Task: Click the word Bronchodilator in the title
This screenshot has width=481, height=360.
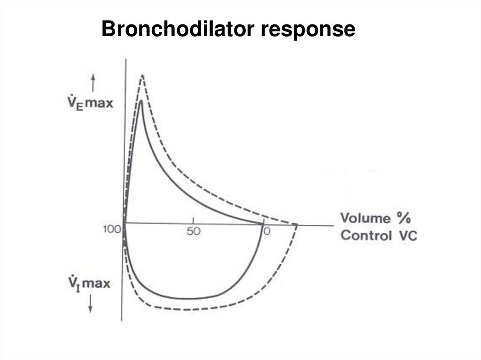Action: point(178,29)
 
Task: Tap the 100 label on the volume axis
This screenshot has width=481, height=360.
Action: point(112,229)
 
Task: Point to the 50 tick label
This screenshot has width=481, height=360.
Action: point(193,231)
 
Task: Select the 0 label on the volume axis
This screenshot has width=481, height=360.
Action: point(267,231)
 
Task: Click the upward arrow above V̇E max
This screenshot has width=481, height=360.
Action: point(93,84)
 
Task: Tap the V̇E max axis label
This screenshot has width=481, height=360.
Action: point(90,103)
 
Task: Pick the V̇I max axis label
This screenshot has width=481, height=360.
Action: point(89,283)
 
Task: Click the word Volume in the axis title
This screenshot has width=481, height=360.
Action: point(365,218)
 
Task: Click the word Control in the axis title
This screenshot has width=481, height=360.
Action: point(366,236)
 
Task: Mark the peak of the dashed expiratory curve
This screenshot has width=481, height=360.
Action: point(142,76)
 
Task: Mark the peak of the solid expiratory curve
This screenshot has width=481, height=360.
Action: point(141,100)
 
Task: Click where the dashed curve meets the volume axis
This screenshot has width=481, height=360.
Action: point(296,225)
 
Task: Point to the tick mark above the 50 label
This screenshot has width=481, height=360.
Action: point(193,220)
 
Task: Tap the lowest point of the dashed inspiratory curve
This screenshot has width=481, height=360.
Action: point(184,309)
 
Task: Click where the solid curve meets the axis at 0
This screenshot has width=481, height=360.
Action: point(263,224)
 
